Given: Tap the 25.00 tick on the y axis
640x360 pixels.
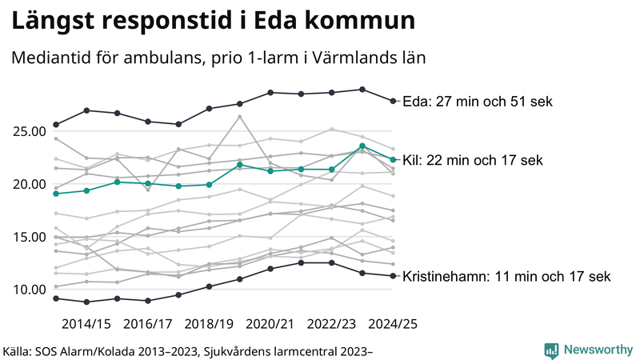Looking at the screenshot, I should [28, 131].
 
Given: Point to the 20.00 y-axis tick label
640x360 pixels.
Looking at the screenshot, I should [28, 184].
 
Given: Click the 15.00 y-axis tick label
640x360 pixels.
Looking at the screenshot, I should [28, 237].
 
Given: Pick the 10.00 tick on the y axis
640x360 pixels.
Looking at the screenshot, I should [28, 290].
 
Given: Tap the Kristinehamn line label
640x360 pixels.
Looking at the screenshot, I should [506, 277].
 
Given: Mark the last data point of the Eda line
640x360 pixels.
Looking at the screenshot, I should [393, 101].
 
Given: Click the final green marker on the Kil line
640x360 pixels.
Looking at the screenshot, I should [393, 159].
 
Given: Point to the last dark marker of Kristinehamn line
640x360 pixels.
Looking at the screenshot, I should [393, 276].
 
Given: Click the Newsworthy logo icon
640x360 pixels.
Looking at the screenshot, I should [551, 350].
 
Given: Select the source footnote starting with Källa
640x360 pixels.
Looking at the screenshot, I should [189, 350].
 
